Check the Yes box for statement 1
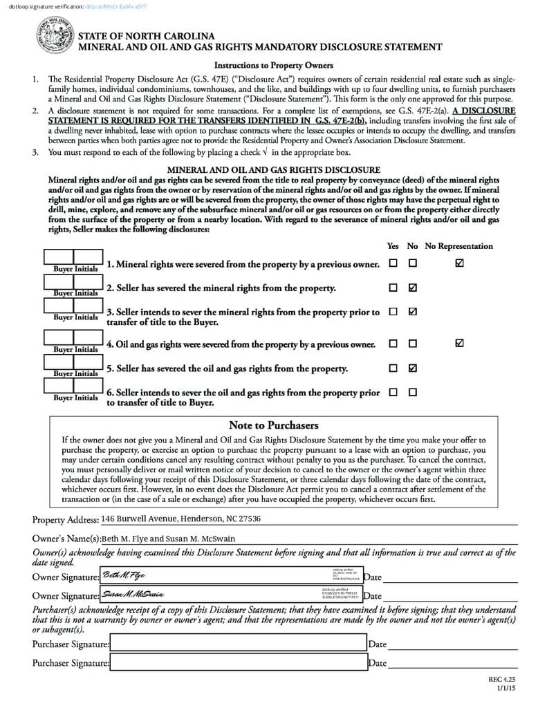pos(393,263)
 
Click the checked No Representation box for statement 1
pos(460,263)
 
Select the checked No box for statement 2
pos(413,287)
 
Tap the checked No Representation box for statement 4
pos(460,343)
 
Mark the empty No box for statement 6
pos(413,392)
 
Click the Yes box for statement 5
pos(393,368)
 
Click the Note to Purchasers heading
pos(273,425)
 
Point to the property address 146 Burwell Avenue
pos(180,519)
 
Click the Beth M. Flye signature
pos(124,576)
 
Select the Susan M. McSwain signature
pos(133,594)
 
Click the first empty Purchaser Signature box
pos(238,644)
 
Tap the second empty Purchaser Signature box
pos(238,662)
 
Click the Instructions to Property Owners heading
pos(273,66)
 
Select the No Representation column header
pos(458,246)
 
